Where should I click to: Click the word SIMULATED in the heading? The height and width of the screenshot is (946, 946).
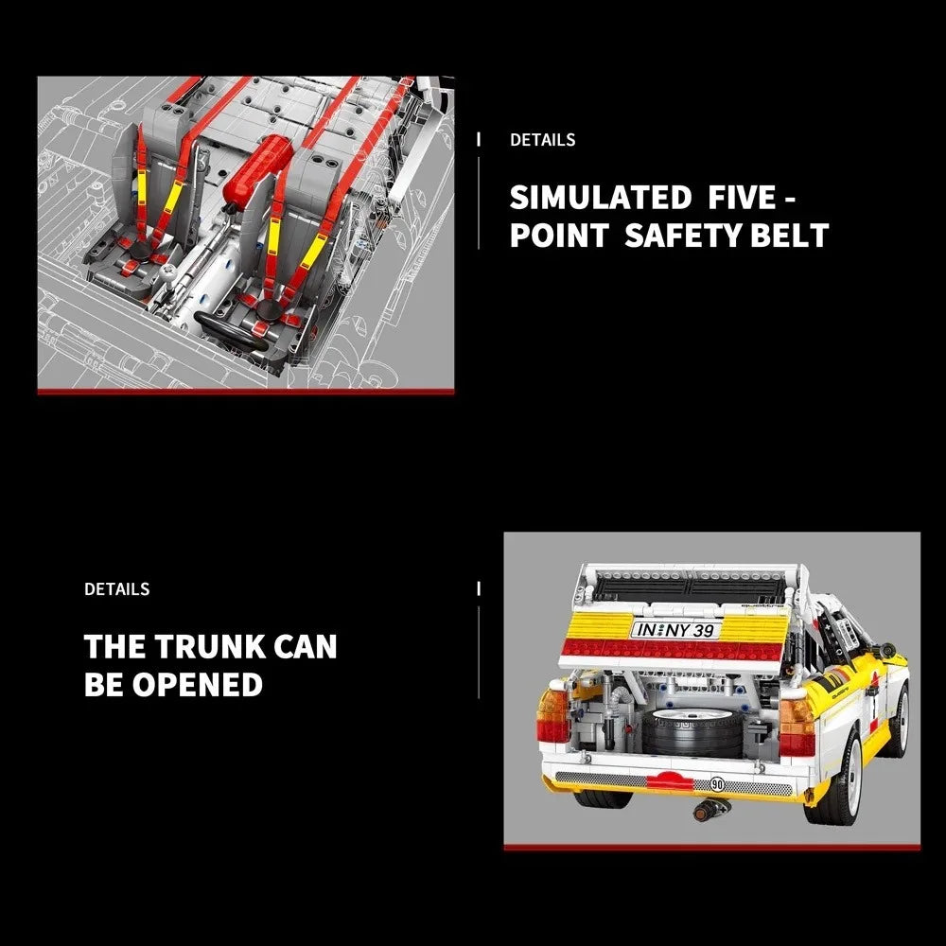601,198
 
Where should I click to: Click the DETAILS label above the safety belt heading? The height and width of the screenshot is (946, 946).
542,140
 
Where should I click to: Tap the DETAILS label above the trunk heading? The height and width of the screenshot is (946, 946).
117,588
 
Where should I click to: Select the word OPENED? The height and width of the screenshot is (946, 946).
198,684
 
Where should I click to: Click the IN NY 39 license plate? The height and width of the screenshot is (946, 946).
675,630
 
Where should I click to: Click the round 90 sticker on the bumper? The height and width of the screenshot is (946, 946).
717,783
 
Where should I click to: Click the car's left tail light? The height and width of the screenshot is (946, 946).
552,714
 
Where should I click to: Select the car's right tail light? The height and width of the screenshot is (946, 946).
797,727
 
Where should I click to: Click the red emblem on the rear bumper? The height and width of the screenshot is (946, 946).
670,780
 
